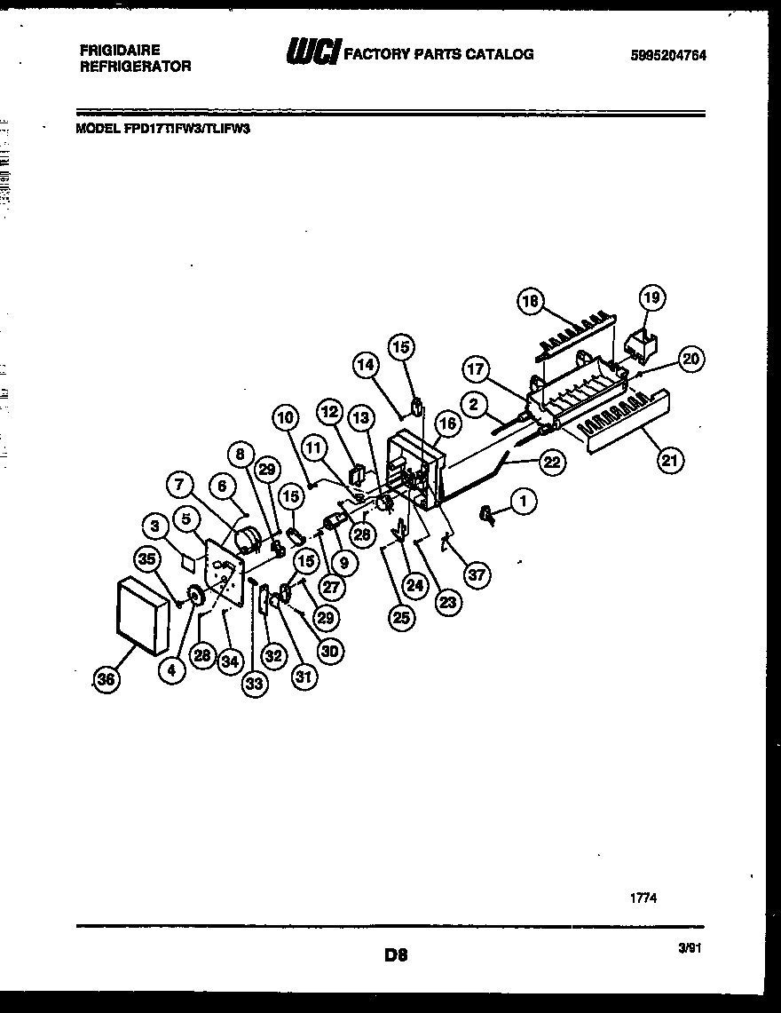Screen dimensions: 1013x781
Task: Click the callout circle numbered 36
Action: coord(106,679)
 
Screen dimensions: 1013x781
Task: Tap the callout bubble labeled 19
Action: coord(652,298)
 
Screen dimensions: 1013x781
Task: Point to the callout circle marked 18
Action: coord(531,302)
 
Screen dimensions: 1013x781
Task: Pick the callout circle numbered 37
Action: coord(477,576)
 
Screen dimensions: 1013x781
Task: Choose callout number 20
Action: coord(691,359)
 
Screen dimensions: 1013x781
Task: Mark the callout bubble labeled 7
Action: coord(180,485)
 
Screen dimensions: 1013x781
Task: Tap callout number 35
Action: coord(146,558)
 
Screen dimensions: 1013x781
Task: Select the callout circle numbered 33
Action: coord(254,683)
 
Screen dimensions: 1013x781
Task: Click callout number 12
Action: coord(330,413)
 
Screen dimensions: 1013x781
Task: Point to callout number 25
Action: coord(402,618)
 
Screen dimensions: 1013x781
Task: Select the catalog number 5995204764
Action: coord(668,55)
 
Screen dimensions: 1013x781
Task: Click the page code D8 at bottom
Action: coord(396,955)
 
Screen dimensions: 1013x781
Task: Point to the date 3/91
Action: coord(690,949)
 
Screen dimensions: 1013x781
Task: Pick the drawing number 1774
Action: coord(643,898)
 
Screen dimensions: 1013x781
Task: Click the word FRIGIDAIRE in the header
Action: coord(119,51)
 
